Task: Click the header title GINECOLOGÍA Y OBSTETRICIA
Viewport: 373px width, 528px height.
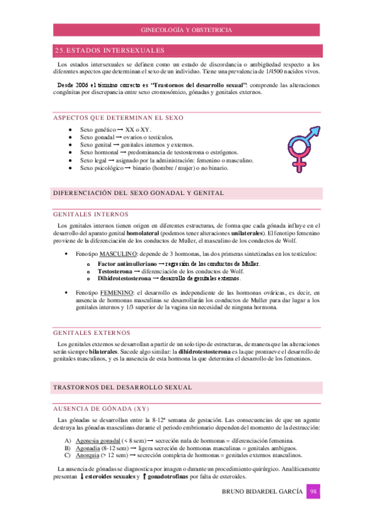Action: tap(187, 30)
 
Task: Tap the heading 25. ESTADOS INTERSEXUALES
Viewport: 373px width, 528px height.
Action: tap(110, 50)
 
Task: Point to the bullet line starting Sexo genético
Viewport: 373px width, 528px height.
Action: tap(116, 130)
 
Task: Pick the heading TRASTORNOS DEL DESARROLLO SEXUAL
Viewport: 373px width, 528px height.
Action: tap(122, 387)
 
